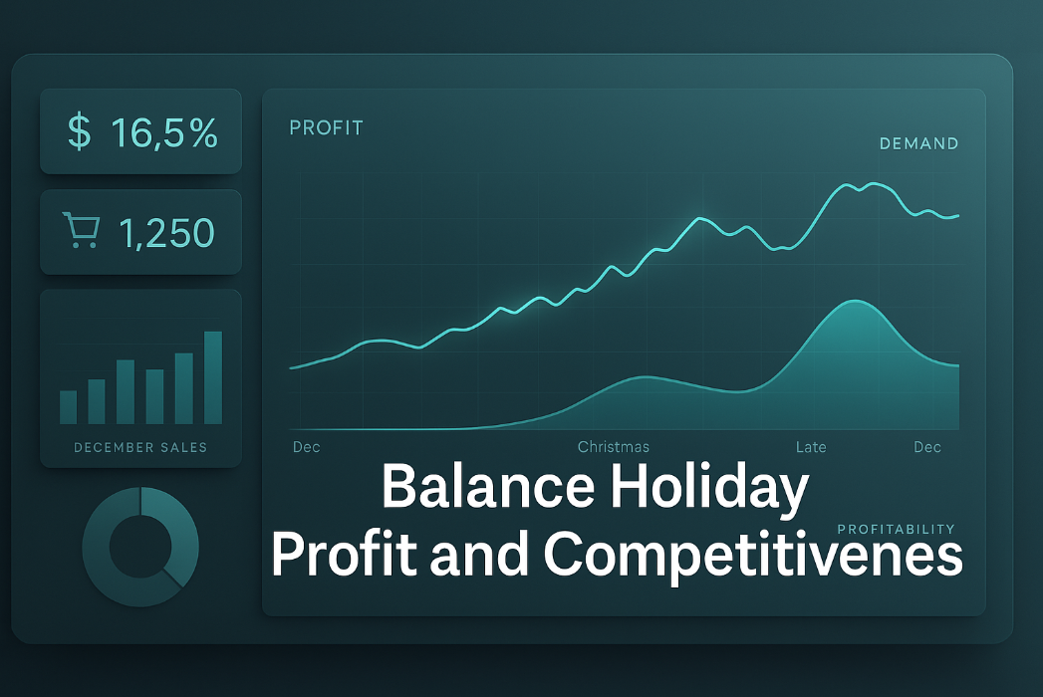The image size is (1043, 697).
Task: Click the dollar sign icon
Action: tap(78, 132)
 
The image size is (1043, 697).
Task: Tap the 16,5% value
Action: tap(164, 132)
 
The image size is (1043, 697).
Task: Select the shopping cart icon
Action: tap(80, 230)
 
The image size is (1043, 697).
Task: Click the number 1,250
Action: tap(166, 232)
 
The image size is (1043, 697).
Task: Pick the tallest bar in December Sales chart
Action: tap(213, 377)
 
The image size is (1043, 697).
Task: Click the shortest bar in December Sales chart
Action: tap(68, 407)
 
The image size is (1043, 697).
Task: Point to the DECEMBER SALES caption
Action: tap(140, 447)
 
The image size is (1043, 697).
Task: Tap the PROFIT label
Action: tap(326, 127)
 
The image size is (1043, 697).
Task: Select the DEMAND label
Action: tap(918, 143)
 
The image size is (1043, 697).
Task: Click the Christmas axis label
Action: tap(613, 447)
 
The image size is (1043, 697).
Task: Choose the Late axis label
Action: tap(811, 447)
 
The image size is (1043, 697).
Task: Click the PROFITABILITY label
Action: tap(896, 529)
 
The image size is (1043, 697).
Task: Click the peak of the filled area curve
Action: tap(852, 302)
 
